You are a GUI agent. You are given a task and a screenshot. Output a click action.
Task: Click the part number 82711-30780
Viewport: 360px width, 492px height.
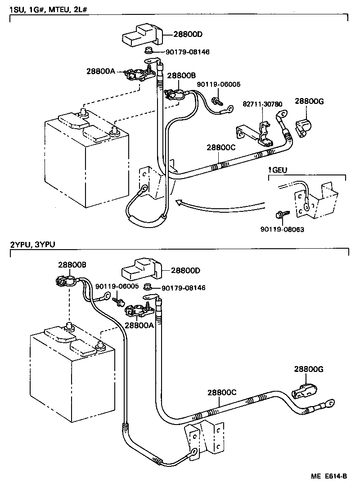tap(263, 104)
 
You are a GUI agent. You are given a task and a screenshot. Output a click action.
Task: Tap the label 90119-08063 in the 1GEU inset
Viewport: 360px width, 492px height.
tap(282, 229)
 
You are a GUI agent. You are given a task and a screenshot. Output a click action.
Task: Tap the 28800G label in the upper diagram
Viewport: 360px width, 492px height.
tap(309, 102)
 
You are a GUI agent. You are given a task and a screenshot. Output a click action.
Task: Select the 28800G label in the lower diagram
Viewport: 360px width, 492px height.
tap(309, 369)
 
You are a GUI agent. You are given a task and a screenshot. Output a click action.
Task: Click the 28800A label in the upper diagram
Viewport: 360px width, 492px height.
tap(101, 71)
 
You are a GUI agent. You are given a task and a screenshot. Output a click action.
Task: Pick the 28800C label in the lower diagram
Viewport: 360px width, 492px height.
tap(222, 392)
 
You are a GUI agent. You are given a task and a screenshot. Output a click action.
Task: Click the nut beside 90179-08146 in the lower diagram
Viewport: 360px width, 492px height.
tap(147, 287)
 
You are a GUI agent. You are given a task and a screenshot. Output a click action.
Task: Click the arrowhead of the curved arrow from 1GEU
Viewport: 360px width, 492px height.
tap(178, 203)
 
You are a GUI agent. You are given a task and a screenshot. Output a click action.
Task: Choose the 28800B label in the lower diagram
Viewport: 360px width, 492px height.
tap(72, 265)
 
